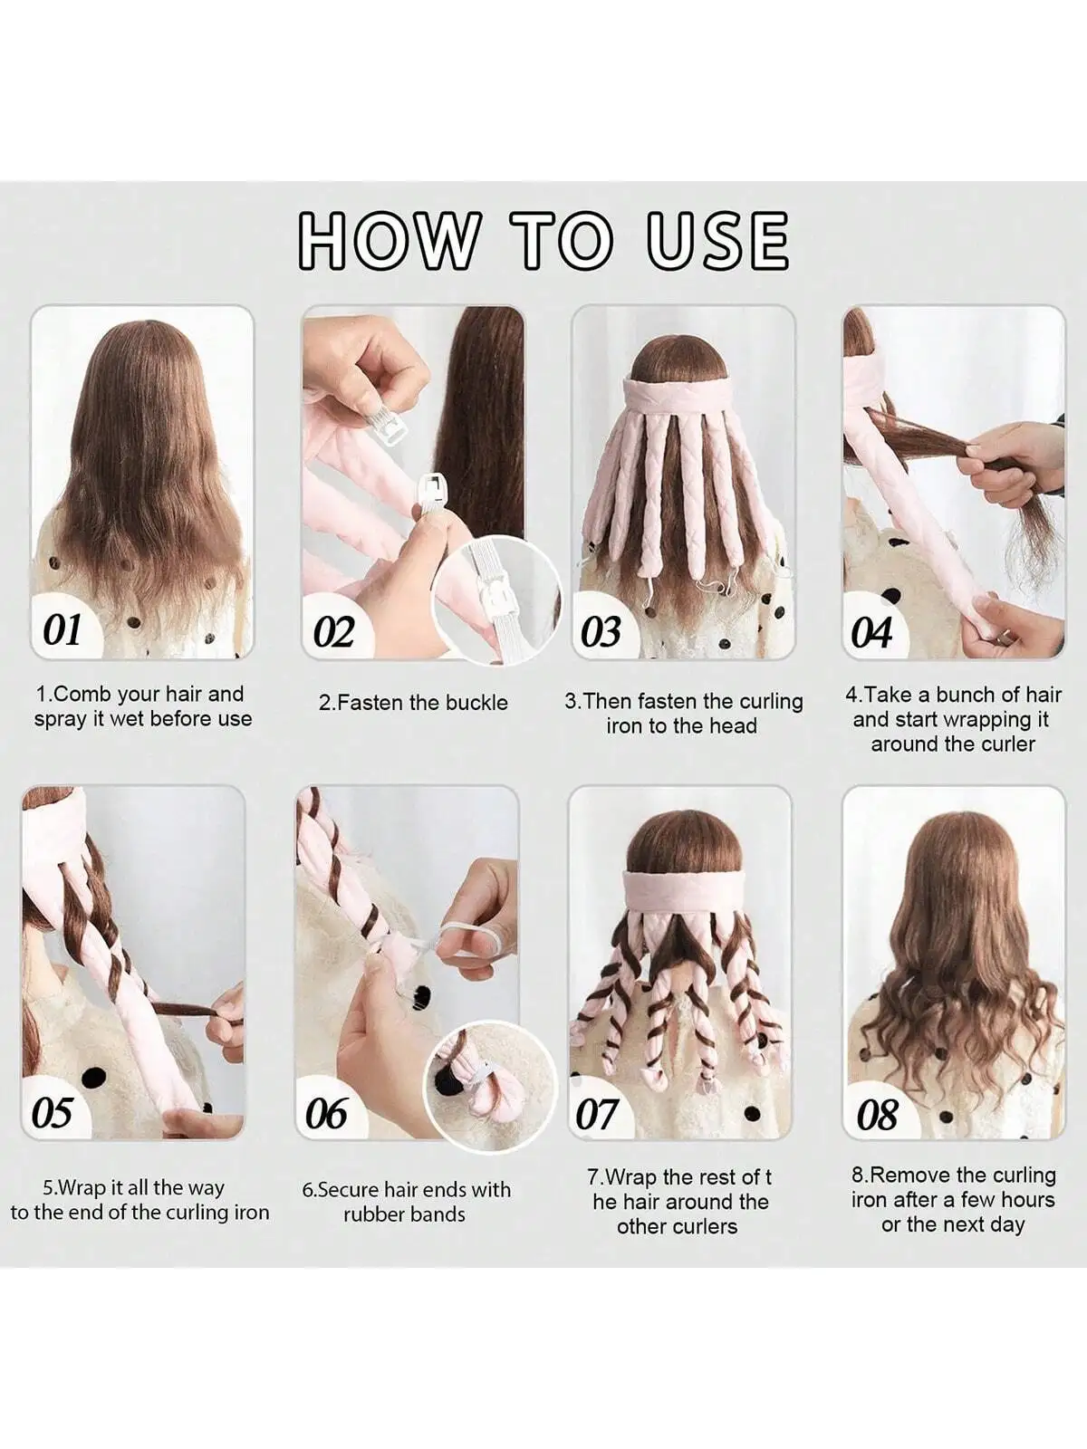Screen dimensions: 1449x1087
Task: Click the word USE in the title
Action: point(717,240)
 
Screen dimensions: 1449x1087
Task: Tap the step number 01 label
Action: point(63,629)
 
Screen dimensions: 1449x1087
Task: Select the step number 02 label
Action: point(333,631)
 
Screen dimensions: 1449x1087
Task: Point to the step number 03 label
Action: point(601,631)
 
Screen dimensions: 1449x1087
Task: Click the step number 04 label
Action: point(871,631)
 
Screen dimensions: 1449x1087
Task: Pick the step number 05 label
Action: point(52,1112)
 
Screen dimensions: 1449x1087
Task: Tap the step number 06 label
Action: point(326,1114)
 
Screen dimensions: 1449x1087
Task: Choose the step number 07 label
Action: point(597,1114)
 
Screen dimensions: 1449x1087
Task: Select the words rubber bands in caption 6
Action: point(404,1214)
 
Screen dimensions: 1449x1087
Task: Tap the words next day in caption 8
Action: point(983,1225)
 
